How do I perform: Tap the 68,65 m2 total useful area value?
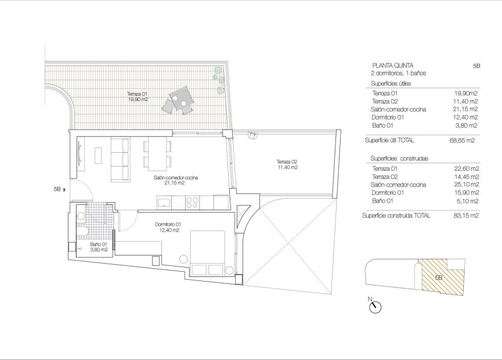click(x=463, y=141)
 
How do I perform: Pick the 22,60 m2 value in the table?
click(x=466, y=168)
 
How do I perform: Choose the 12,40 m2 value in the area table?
click(x=466, y=117)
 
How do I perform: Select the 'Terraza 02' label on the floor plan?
click(x=287, y=162)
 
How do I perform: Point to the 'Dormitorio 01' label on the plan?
click(x=169, y=225)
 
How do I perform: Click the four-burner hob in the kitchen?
click(x=192, y=203)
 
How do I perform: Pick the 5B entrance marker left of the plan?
click(x=57, y=189)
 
